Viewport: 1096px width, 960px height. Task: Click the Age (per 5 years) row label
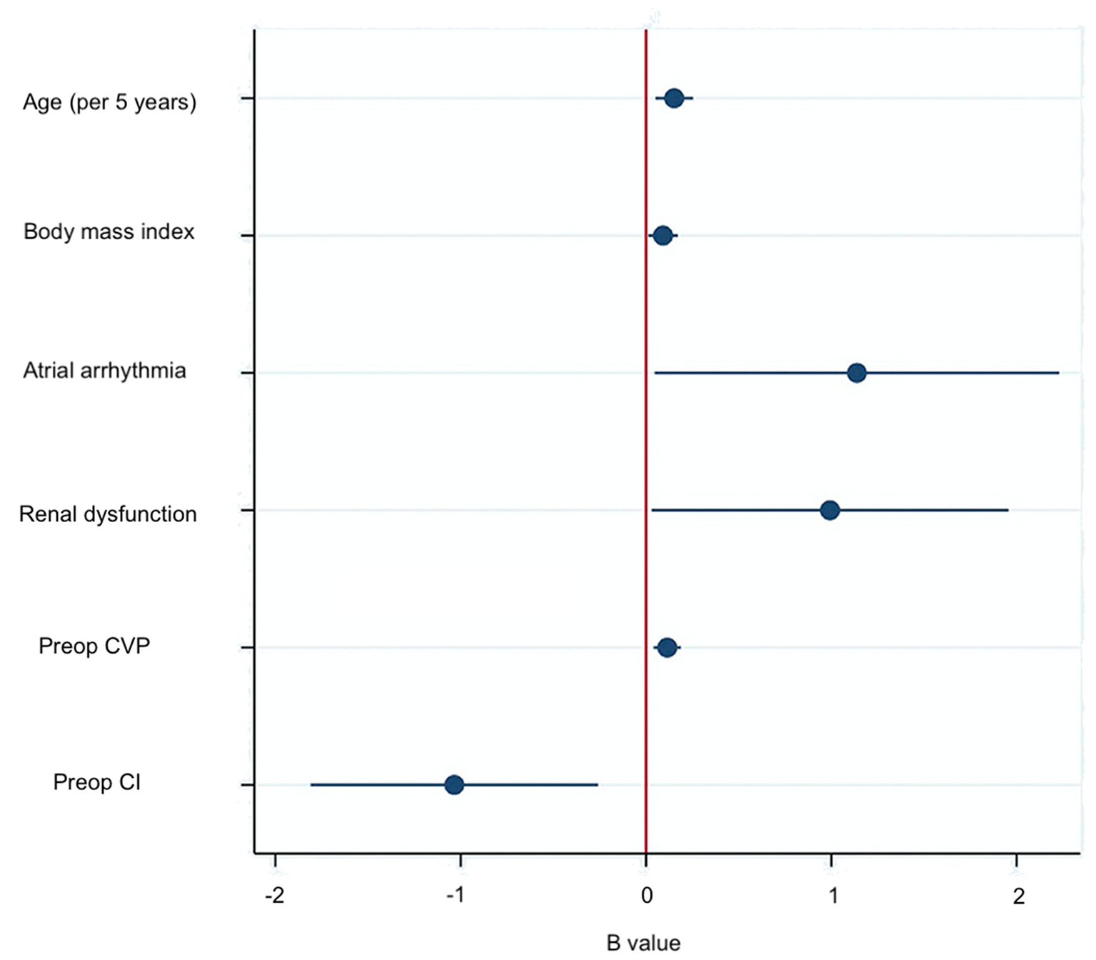tap(109, 102)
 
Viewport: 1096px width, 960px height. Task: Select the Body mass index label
tap(109, 232)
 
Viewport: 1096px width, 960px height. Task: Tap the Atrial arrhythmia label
tap(104, 371)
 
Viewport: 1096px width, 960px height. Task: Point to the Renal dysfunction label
tap(108, 514)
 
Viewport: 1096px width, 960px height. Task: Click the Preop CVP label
tap(94, 646)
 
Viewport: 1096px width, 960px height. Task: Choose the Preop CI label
tap(96, 783)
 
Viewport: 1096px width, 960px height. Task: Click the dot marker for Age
tap(674, 98)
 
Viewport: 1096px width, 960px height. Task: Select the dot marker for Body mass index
tap(663, 235)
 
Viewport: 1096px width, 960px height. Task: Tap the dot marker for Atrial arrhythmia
tap(857, 373)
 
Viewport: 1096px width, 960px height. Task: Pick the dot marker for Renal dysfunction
tap(830, 510)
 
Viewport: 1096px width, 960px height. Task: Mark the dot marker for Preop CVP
tap(667, 648)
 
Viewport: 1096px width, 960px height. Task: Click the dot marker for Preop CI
tap(454, 785)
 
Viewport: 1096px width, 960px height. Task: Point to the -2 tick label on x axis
tap(275, 896)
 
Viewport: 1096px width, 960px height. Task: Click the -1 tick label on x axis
tap(456, 896)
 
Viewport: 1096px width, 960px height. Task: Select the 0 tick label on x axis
tap(646, 896)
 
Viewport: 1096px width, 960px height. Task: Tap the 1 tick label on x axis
tap(833, 896)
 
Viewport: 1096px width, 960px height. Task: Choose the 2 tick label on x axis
tap(1018, 896)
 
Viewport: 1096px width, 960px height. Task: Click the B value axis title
tap(643, 943)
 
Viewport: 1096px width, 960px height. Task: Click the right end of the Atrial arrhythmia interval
tap(1058, 373)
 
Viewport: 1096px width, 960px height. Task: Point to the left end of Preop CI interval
tap(311, 785)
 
